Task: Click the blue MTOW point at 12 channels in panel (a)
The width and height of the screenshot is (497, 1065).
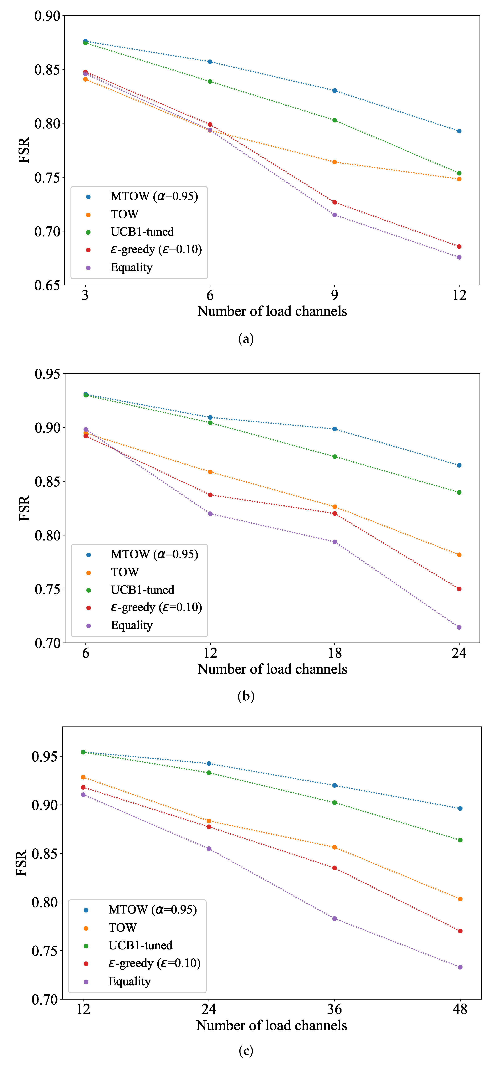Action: [x=459, y=131]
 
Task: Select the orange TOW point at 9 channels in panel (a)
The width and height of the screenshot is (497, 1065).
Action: [x=335, y=162]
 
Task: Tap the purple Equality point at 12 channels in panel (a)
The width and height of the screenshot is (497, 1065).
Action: [x=459, y=257]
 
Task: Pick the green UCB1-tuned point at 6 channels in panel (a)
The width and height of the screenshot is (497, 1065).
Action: [x=210, y=81]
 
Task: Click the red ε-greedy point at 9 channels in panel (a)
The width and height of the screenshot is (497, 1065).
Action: [x=335, y=202]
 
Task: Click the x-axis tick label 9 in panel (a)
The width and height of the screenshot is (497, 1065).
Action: [x=335, y=295]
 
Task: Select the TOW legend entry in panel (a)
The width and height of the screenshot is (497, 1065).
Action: [x=124, y=214]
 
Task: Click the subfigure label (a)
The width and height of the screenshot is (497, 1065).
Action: [x=246, y=339]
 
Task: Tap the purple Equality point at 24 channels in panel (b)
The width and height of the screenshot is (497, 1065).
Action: [x=459, y=627]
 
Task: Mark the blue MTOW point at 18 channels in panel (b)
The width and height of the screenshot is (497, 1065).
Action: [x=335, y=429]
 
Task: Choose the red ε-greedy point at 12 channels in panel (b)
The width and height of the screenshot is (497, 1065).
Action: [x=210, y=495]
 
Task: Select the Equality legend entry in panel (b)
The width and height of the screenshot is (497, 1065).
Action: [x=132, y=625]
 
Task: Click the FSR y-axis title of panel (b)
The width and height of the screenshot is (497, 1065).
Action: [x=24, y=508]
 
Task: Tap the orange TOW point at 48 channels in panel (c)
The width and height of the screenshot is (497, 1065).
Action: [x=460, y=899]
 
